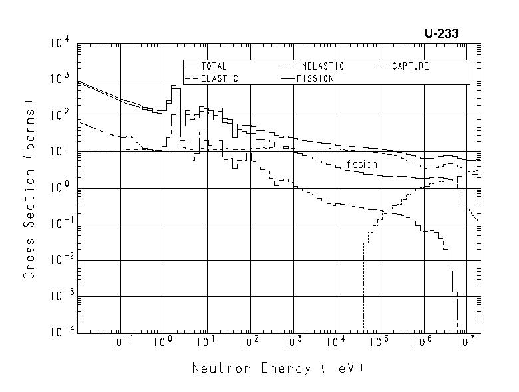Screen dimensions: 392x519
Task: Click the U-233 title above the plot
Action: point(441,34)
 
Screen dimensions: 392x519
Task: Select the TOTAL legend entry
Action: point(213,66)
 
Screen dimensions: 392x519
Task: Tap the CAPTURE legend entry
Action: point(410,66)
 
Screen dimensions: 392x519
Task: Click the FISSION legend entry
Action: point(316,78)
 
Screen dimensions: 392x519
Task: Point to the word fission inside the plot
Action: point(361,164)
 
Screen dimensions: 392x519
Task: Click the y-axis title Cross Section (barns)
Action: point(29,189)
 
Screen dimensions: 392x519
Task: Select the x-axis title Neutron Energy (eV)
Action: point(278,367)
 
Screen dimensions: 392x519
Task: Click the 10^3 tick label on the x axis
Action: point(292,342)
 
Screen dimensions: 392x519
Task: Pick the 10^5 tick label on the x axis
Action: point(379,342)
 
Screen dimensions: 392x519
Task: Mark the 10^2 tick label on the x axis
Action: point(249,342)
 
